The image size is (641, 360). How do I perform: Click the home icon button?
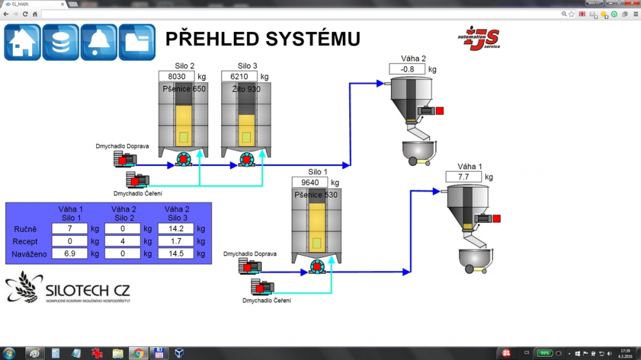click(x=22, y=42)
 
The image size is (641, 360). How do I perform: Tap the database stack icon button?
click(x=61, y=42)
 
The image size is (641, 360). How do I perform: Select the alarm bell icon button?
click(x=99, y=42)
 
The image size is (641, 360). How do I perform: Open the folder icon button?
click(x=137, y=42)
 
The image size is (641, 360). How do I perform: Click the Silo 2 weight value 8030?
click(x=176, y=76)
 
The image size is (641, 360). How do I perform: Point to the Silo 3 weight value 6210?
click(x=239, y=76)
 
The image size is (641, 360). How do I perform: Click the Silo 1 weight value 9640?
click(x=310, y=183)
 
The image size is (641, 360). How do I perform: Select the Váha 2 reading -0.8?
click(x=407, y=69)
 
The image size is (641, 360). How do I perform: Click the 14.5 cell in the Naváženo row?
click(x=175, y=254)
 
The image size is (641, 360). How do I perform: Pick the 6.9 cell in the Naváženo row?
click(x=69, y=254)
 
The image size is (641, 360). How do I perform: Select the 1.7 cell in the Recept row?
click(x=175, y=241)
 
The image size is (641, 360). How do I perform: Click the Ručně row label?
click(x=26, y=229)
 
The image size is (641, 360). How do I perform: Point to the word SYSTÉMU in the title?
click(x=308, y=39)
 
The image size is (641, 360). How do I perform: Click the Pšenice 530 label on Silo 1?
click(x=316, y=195)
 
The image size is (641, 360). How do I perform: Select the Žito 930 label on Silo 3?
click(x=246, y=89)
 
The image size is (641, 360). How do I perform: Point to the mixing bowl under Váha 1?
click(x=475, y=259)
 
